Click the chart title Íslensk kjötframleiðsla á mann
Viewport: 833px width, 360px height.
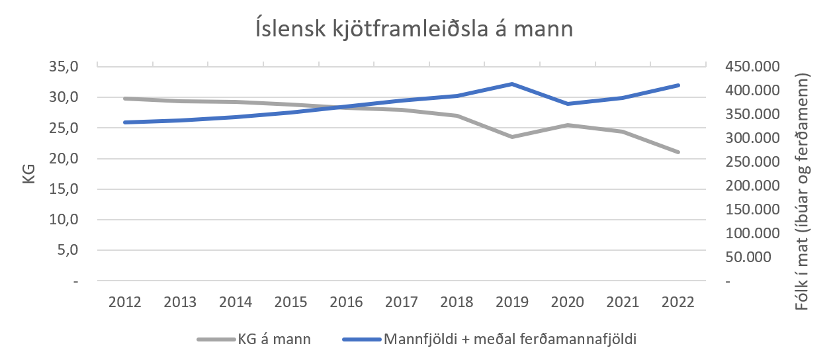tap(414, 30)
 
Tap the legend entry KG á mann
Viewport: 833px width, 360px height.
tap(274, 339)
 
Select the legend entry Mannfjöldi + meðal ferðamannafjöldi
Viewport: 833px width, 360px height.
tap(509, 339)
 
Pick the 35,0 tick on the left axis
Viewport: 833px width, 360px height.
tap(65, 66)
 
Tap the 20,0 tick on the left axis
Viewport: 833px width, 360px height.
tap(65, 158)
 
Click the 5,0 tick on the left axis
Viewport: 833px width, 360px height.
tap(68, 250)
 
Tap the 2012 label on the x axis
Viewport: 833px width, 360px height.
tap(125, 302)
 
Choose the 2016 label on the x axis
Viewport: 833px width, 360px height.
tap(346, 302)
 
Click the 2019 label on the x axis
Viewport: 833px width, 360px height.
tap(512, 302)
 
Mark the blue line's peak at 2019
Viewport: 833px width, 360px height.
tap(512, 84)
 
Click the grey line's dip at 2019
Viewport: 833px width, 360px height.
tap(512, 137)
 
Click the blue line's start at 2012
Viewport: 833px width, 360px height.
tap(125, 122)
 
